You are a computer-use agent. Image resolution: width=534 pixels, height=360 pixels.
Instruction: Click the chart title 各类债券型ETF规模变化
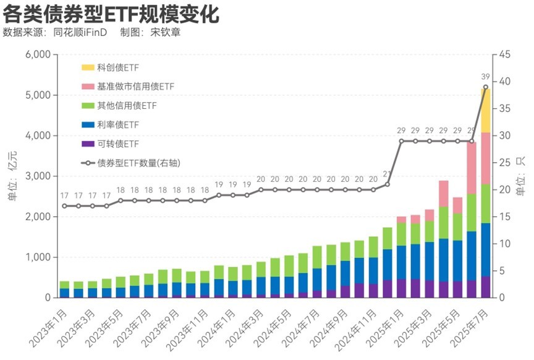[111, 12]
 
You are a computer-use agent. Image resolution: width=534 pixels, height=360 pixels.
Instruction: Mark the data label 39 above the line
[486, 76]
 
